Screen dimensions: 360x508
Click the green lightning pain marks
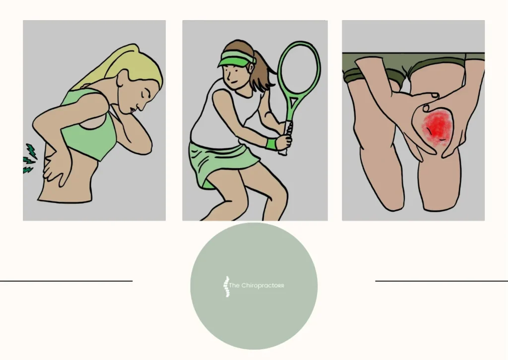(x=29, y=158)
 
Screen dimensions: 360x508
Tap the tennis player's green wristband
(x=271, y=144)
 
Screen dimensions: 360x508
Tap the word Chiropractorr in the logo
(x=263, y=285)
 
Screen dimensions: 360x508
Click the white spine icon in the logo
(x=227, y=287)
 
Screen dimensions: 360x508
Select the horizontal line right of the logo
(x=442, y=281)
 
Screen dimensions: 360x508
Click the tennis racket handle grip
(x=284, y=144)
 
